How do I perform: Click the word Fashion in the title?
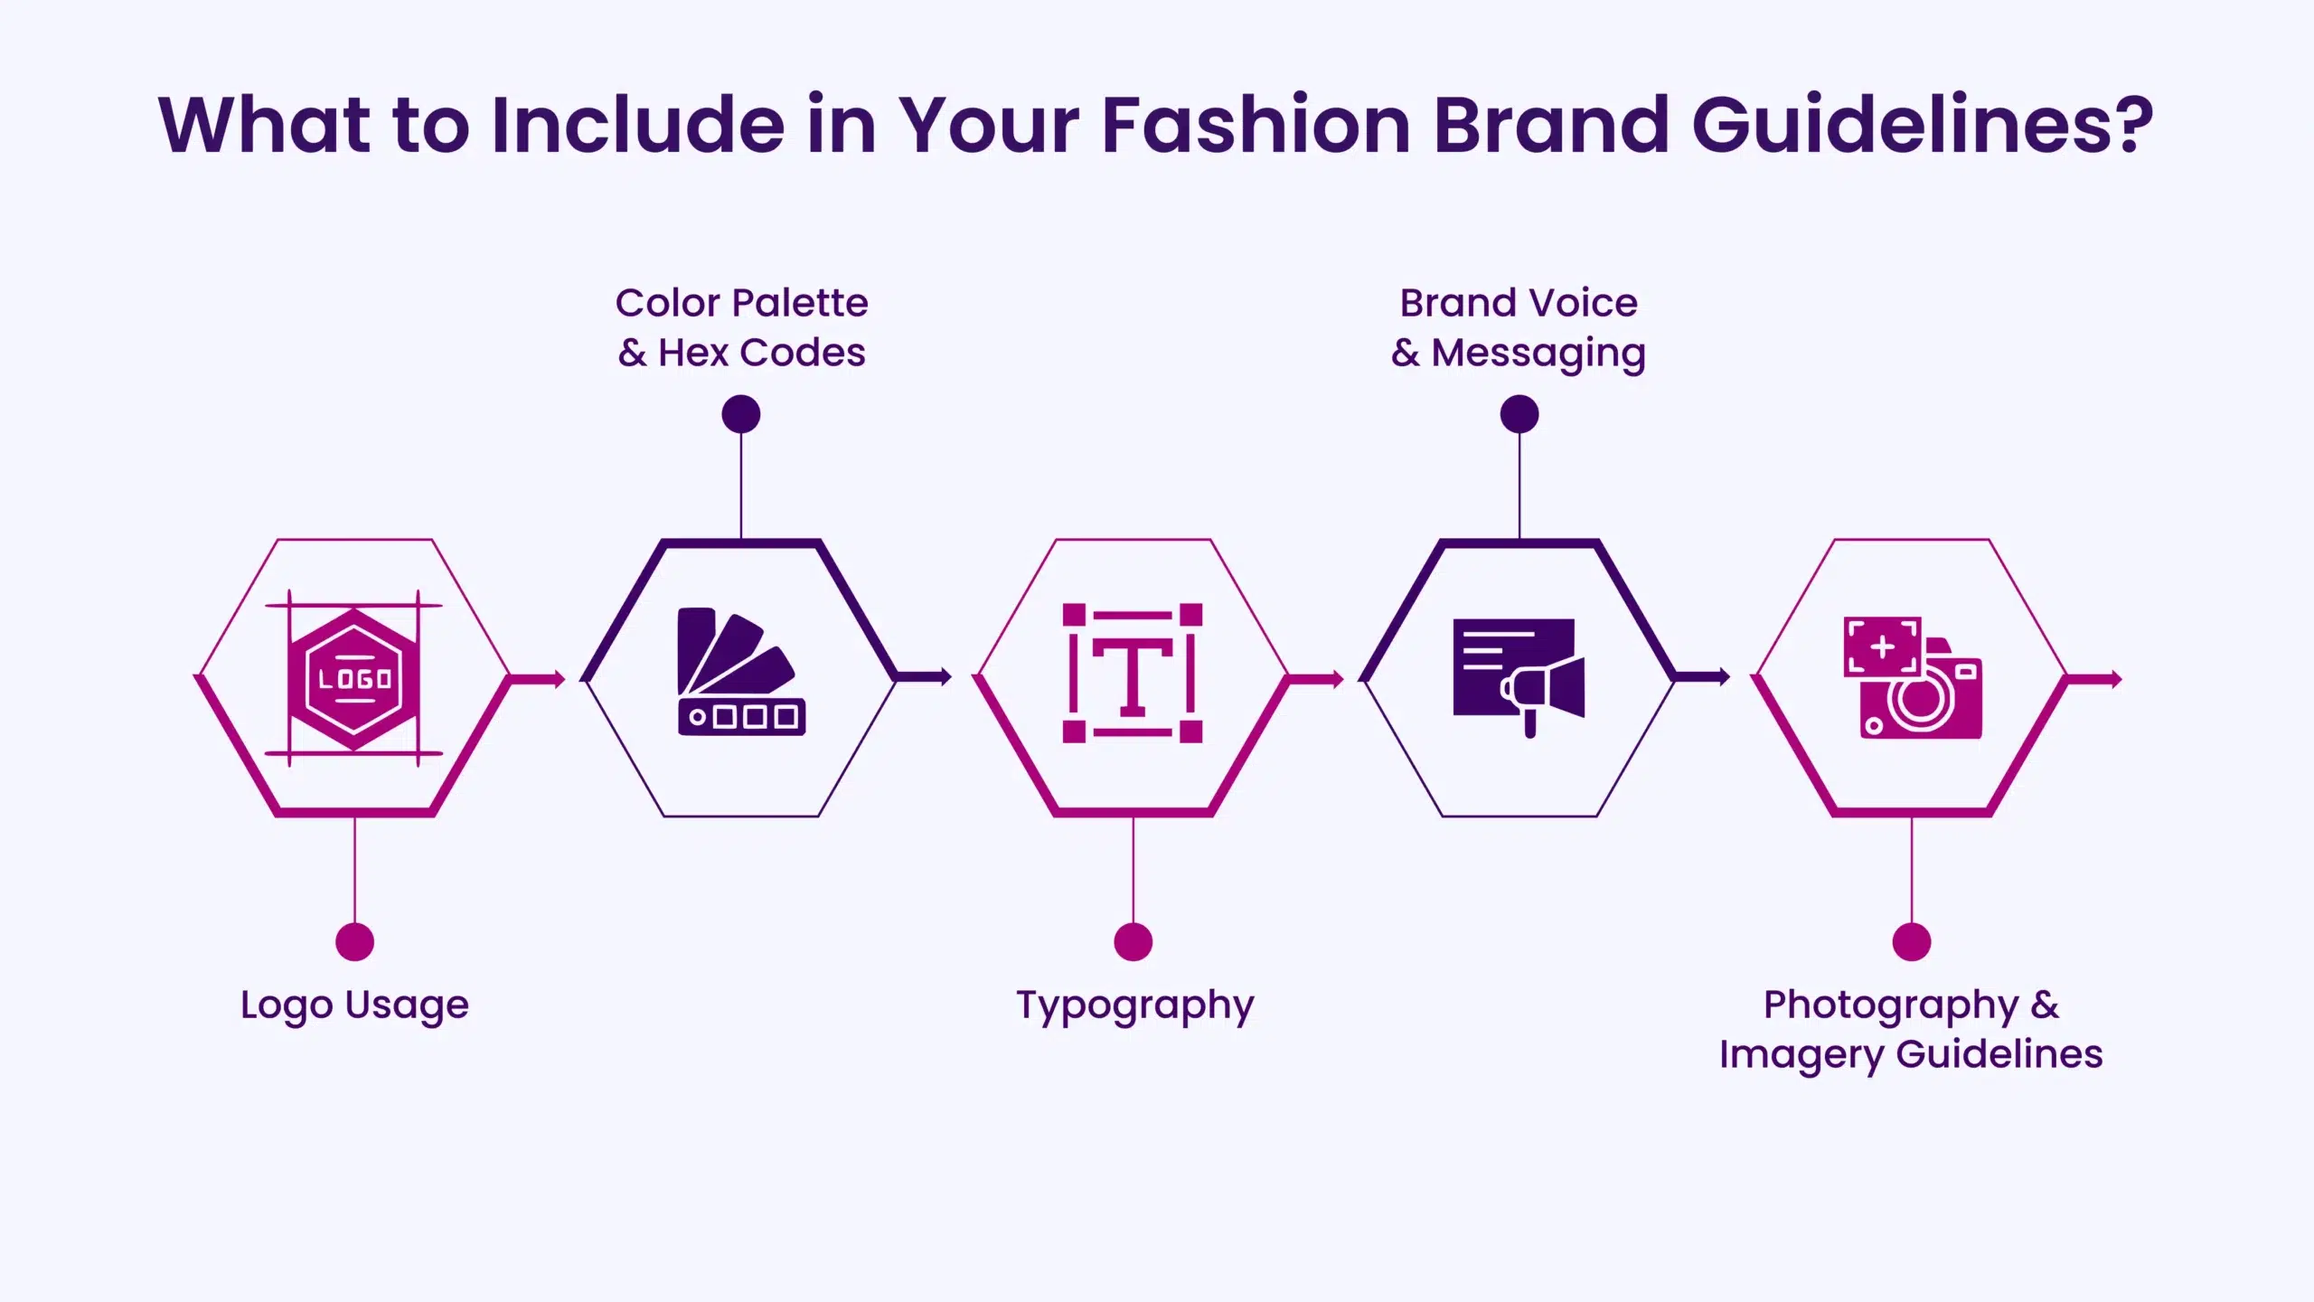point(1256,125)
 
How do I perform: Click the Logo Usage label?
point(354,1005)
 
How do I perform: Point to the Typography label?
point(1134,1005)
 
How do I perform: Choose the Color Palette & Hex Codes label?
point(741,327)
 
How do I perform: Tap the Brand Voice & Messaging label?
point(1519,327)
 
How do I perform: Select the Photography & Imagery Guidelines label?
point(1911,1030)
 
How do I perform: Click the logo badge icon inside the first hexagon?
point(353,678)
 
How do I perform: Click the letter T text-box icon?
point(1133,674)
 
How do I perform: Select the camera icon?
point(1913,678)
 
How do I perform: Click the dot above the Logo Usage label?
point(354,941)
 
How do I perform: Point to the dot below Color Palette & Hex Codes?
point(741,414)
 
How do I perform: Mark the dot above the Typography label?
point(1133,941)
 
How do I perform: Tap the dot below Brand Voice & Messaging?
point(1519,414)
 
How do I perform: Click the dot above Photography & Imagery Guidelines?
point(1912,941)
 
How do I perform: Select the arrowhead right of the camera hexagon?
point(2115,679)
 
